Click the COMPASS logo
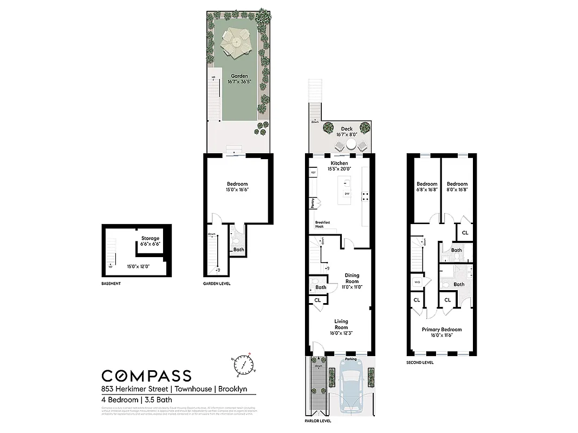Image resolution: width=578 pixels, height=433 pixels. tap(146, 376)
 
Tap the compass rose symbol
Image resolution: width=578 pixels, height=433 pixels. tap(244, 365)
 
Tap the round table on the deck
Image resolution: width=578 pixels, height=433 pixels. tap(351, 145)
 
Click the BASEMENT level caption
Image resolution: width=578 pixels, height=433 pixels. tap(111, 284)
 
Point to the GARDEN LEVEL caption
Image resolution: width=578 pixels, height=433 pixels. tap(217, 284)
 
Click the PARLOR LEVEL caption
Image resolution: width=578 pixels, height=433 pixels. tap(317, 421)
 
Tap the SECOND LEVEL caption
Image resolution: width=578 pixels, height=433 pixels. tap(420, 362)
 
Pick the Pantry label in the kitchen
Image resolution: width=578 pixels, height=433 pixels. tap(313, 203)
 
